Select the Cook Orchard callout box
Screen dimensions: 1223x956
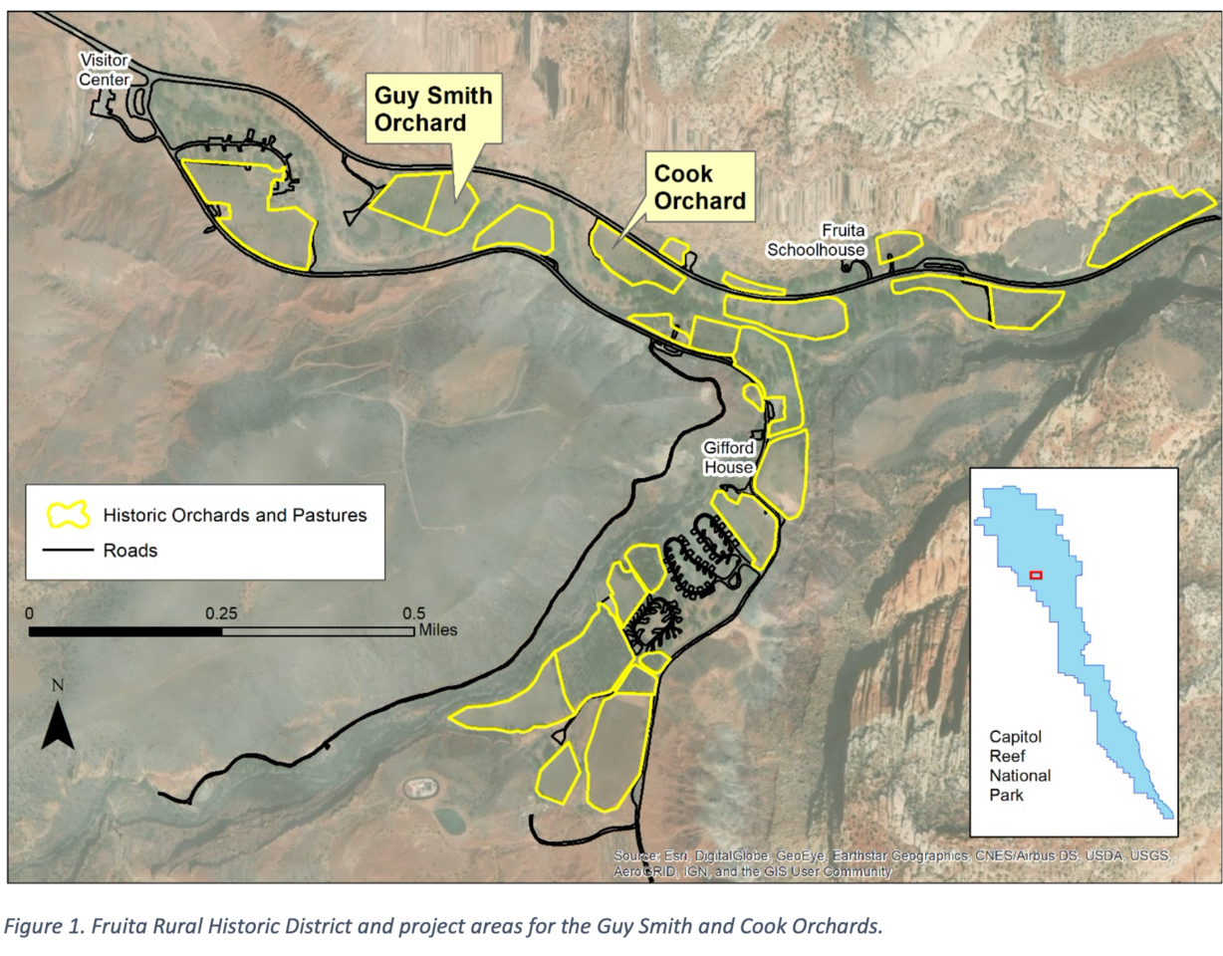pyautogui.click(x=699, y=186)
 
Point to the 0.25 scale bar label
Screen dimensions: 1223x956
pyautogui.click(x=222, y=612)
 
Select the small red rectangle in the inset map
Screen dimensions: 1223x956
pyautogui.click(x=1035, y=575)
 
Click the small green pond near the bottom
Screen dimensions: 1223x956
pyautogui.click(x=449, y=820)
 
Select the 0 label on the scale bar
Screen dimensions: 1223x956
pyautogui.click(x=30, y=612)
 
